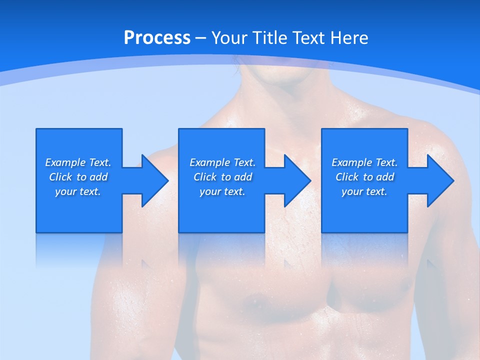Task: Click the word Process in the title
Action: (x=157, y=38)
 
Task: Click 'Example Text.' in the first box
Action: (x=78, y=162)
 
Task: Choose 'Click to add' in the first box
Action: (x=78, y=177)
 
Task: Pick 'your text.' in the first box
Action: (x=78, y=191)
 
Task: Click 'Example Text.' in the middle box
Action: (x=222, y=162)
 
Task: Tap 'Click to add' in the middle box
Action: (x=222, y=177)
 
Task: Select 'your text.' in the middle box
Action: (x=222, y=191)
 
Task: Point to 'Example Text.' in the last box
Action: (x=364, y=162)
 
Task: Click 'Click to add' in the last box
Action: (x=364, y=177)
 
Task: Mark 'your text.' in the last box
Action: (x=364, y=191)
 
